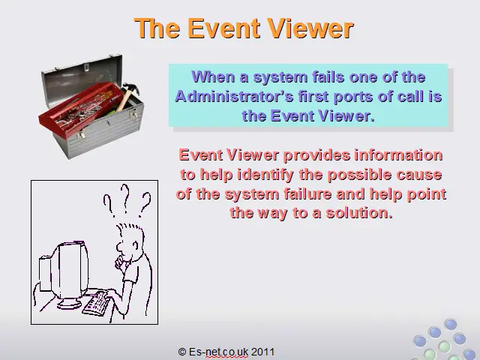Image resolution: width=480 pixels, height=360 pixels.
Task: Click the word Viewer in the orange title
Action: click(310, 28)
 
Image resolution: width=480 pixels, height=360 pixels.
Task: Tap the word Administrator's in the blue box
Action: click(234, 97)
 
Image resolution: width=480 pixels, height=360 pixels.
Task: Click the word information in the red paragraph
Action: click(398, 155)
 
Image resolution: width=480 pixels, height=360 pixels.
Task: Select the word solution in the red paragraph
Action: click(359, 213)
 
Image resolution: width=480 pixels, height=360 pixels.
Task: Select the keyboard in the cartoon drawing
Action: click(96, 303)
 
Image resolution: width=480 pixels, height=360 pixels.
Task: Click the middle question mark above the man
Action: click(125, 198)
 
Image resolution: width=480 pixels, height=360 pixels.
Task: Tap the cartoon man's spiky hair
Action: click(130, 229)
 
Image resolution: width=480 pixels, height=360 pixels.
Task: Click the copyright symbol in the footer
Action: click(181, 352)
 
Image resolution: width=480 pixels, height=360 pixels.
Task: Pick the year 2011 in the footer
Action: click(262, 352)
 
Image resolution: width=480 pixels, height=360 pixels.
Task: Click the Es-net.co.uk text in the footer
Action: click(218, 352)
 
